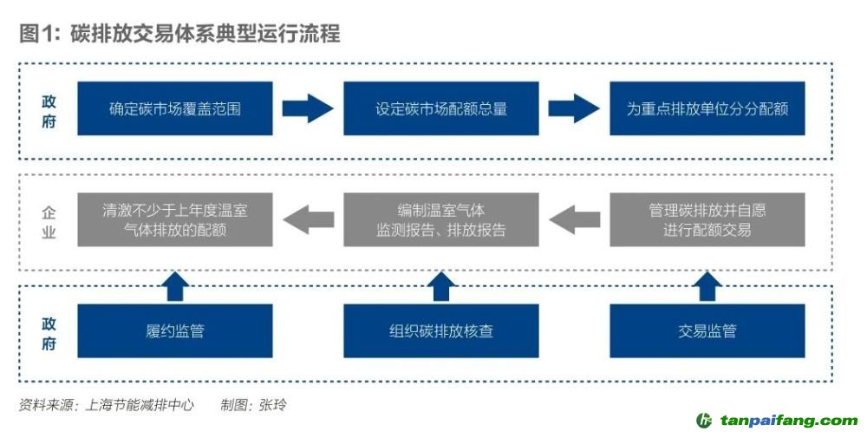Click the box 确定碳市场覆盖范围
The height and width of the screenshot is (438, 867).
click(x=174, y=109)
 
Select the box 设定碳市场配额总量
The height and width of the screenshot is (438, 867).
click(x=440, y=109)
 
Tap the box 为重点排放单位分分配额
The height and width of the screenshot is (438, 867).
click(x=707, y=109)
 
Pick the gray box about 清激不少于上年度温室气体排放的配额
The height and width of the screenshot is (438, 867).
click(x=174, y=220)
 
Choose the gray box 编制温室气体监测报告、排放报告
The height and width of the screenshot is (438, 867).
click(x=440, y=220)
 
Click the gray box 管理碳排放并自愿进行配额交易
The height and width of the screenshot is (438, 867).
click(x=707, y=220)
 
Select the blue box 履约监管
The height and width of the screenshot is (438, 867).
click(x=174, y=330)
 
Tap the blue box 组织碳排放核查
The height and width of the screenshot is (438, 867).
click(x=440, y=330)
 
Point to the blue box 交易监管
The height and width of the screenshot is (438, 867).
click(x=707, y=330)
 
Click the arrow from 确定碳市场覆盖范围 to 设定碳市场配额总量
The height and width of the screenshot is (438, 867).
click(x=308, y=109)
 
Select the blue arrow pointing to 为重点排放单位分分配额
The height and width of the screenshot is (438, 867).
click(x=574, y=109)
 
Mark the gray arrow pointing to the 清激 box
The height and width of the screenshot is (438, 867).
click(x=309, y=220)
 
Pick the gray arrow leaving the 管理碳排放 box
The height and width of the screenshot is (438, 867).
click(x=574, y=220)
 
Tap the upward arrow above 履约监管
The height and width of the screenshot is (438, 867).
click(x=174, y=285)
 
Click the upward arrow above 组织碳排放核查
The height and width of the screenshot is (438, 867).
click(x=440, y=285)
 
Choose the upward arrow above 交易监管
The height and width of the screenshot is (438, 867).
click(x=707, y=285)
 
